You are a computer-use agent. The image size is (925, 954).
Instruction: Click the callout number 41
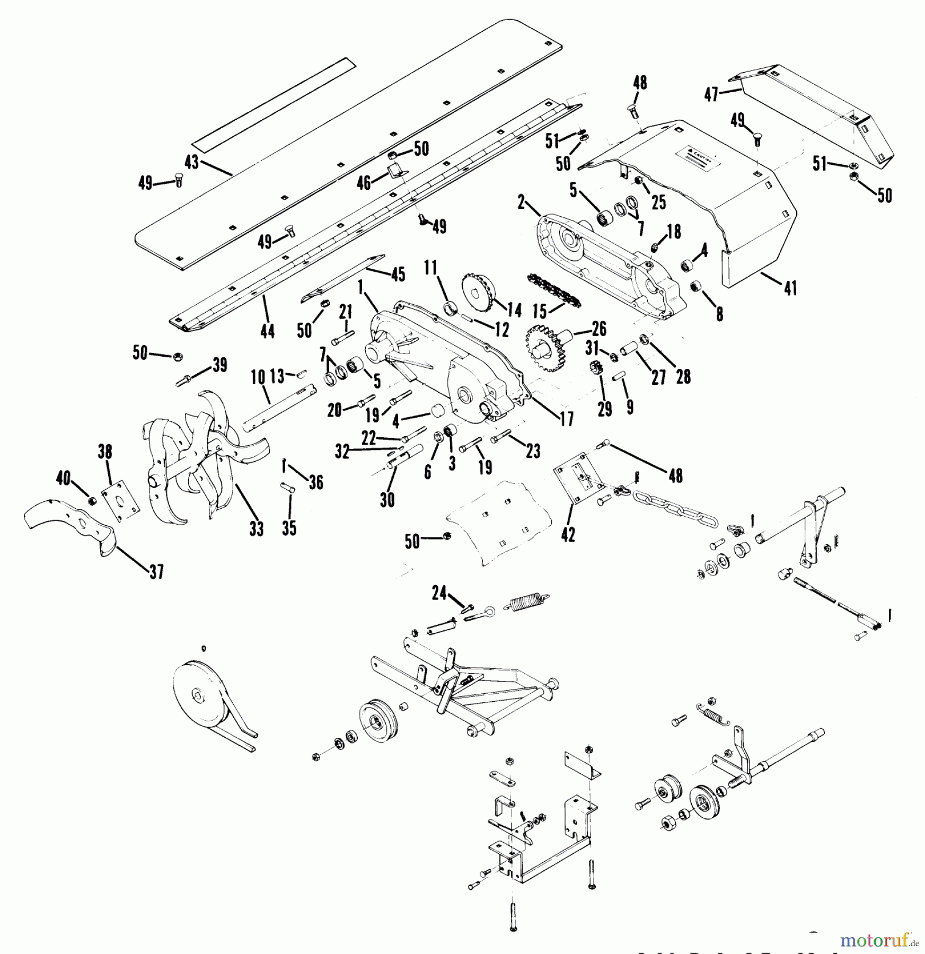click(790, 288)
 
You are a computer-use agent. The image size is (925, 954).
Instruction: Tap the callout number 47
click(711, 94)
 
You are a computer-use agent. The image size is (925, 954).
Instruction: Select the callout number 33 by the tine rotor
click(256, 528)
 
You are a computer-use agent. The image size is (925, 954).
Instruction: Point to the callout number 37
click(156, 572)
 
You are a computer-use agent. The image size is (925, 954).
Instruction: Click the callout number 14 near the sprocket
click(514, 310)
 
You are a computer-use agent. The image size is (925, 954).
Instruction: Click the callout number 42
click(568, 535)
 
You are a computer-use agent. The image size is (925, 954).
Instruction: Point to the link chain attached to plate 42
click(673, 509)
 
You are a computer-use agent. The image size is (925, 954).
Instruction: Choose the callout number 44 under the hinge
click(267, 332)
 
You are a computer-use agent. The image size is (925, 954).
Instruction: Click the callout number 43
click(191, 162)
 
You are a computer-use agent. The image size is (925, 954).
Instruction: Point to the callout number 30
click(387, 499)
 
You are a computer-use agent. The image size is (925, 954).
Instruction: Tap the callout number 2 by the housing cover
click(521, 201)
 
